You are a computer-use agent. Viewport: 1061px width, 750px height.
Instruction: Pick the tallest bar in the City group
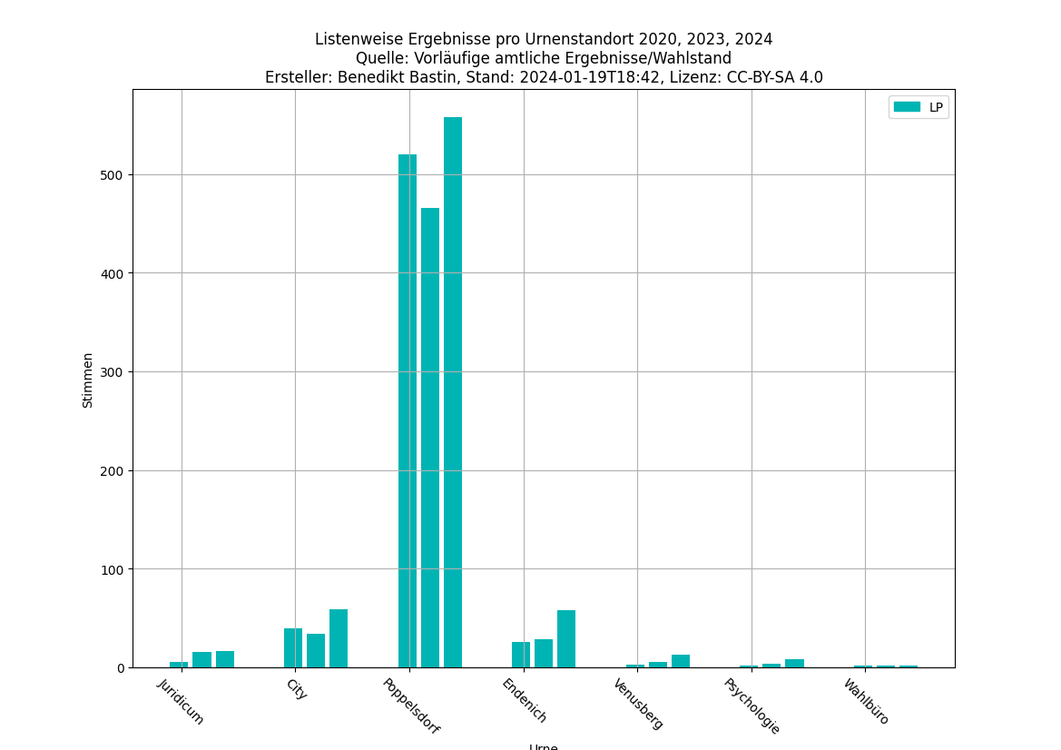339,638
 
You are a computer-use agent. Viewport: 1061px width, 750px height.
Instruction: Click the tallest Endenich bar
566,639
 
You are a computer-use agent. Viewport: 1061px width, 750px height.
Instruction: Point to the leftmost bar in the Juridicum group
179,665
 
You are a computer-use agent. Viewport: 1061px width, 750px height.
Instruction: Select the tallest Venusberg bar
681,661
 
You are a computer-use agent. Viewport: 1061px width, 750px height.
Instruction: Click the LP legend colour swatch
907,107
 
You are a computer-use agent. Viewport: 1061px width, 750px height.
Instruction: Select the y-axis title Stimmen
88,380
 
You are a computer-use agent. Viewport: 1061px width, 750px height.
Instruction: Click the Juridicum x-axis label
182,701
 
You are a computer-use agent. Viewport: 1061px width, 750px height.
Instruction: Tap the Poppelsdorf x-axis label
410,706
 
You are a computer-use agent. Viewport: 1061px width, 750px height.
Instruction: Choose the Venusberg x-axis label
638,704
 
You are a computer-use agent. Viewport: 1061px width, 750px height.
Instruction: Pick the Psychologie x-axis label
752,706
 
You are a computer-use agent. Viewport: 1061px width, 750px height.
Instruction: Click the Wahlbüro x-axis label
866,702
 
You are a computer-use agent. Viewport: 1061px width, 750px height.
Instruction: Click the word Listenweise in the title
358,39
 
